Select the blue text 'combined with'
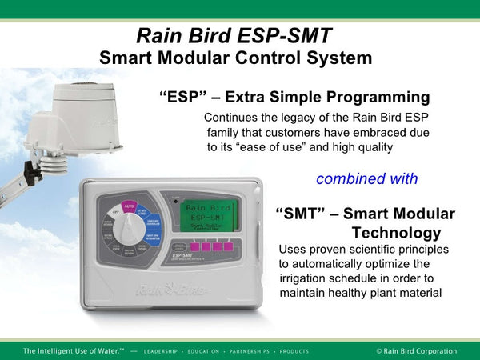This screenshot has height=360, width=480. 367,178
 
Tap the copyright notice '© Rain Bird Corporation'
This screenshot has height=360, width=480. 416,350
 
